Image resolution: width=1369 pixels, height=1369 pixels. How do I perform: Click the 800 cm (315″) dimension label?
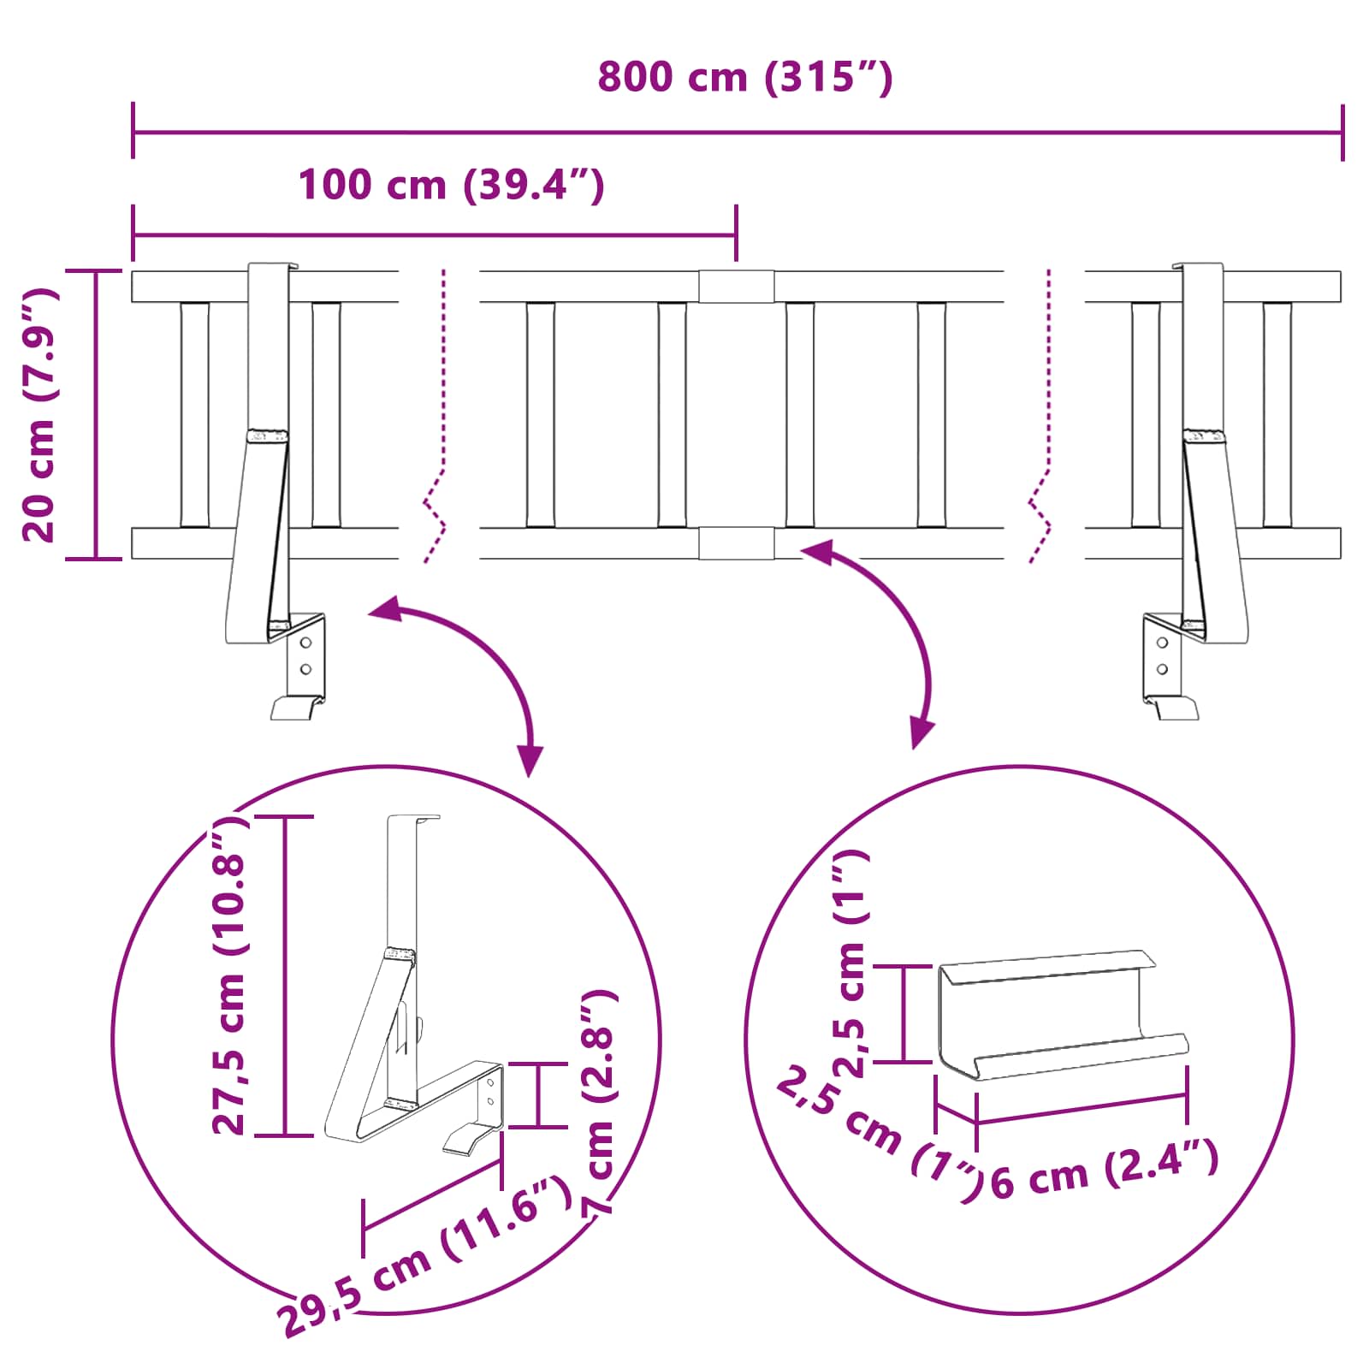(744, 78)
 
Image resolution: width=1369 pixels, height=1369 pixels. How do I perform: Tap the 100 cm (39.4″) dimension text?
(451, 186)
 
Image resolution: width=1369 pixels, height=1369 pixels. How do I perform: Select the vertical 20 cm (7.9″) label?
(40, 415)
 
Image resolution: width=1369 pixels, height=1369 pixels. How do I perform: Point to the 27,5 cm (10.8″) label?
(229, 975)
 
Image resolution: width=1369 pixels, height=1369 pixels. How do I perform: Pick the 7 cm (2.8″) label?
(598, 1104)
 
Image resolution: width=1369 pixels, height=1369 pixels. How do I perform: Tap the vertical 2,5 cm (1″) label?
(851, 963)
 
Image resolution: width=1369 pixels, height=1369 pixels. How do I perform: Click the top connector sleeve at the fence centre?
(736, 287)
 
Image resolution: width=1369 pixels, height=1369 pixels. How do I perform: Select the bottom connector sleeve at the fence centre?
(736, 543)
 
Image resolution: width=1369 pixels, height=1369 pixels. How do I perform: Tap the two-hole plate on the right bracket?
(1162, 657)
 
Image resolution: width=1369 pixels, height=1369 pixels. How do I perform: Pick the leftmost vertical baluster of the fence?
(194, 415)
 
